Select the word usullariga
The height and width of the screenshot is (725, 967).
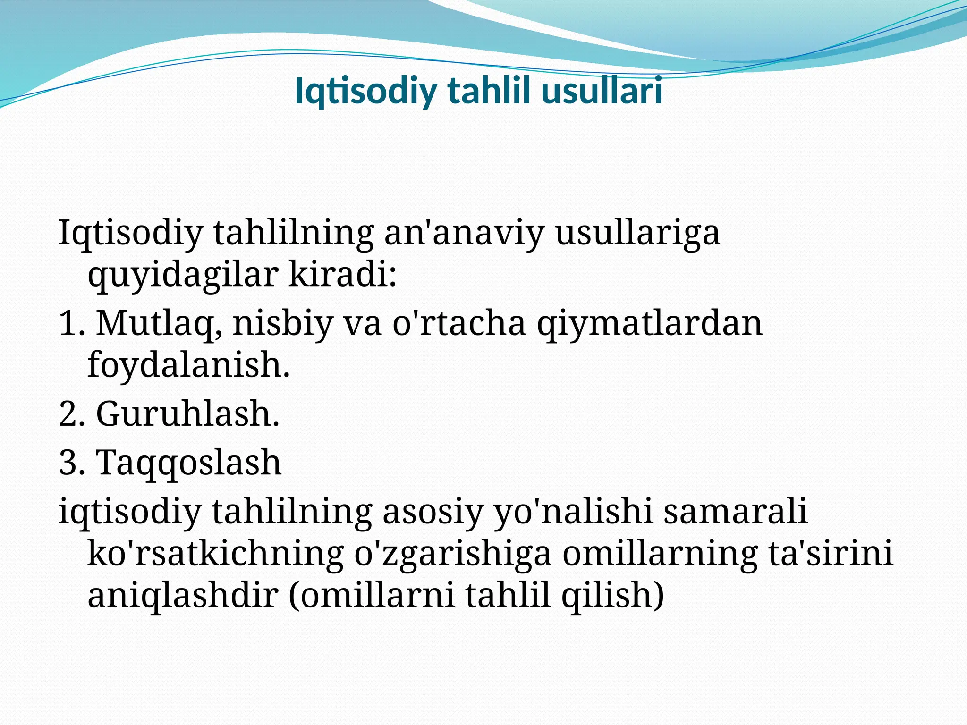click(x=637, y=233)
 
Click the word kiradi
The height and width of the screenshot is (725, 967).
click(x=342, y=275)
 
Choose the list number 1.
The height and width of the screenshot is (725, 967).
click(x=71, y=324)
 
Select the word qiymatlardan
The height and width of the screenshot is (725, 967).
click(x=650, y=324)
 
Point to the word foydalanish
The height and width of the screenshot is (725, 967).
click(x=188, y=365)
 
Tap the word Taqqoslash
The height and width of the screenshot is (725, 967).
click(x=189, y=463)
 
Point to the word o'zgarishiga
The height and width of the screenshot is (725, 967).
click(x=453, y=553)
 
